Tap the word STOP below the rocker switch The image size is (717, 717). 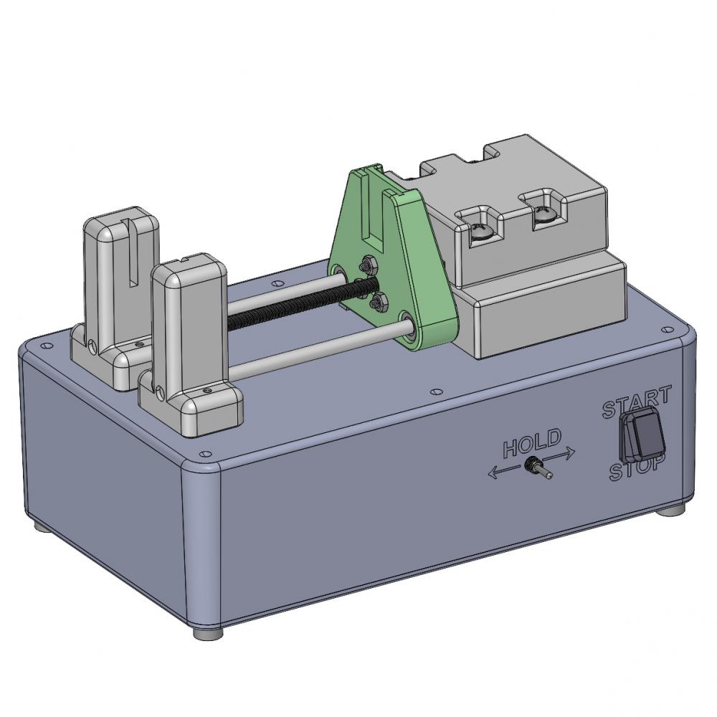point(637,470)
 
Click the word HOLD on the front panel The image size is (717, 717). point(532,444)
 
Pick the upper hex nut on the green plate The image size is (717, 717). point(368,265)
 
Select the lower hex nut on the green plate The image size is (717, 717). point(375,304)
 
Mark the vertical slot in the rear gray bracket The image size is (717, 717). point(129,247)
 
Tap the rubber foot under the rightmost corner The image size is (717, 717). point(671,511)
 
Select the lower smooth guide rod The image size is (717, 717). point(315,351)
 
